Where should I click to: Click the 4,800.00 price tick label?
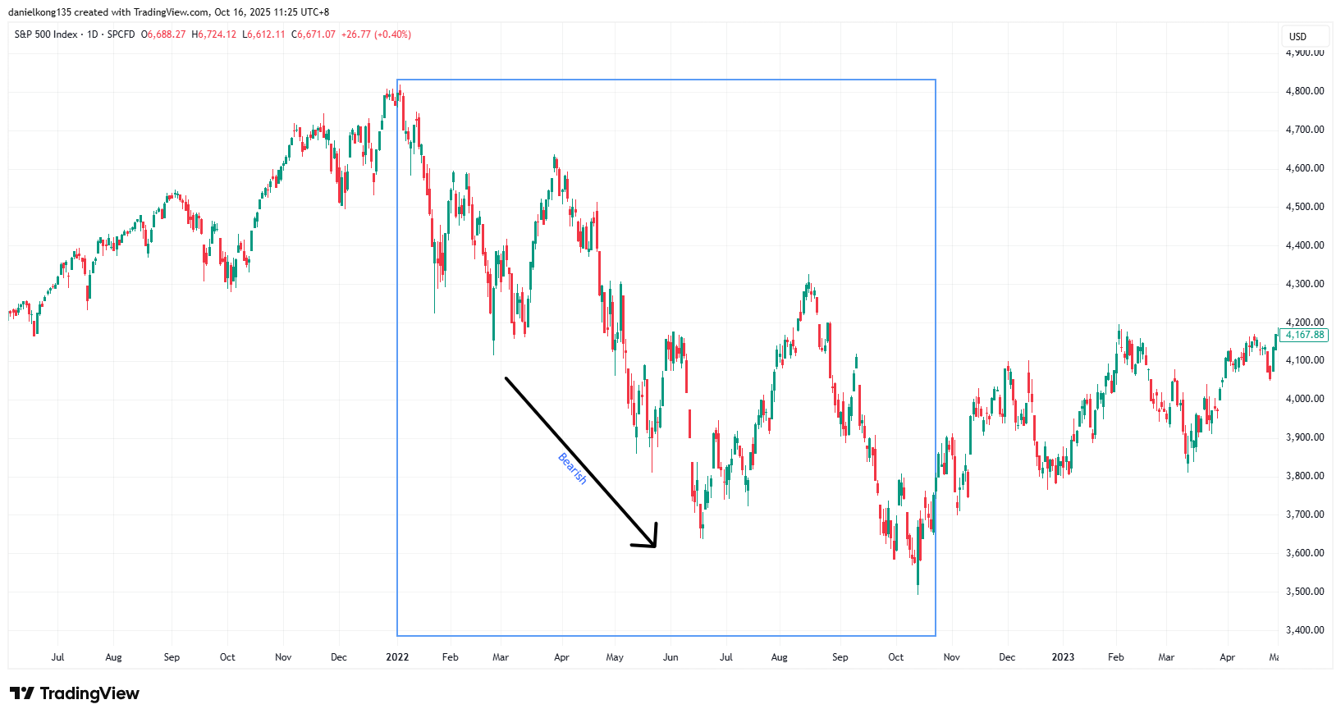click(1304, 91)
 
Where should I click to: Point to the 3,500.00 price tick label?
click(1304, 592)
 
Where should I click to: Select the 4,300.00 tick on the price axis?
click(1304, 284)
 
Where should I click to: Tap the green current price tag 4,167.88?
click(1304, 335)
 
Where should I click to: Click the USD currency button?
click(1298, 36)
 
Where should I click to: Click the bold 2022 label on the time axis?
click(397, 657)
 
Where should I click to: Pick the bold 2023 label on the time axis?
click(1063, 657)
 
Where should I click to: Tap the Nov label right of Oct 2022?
click(951, 657)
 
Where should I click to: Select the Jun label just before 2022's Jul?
click(670, 657)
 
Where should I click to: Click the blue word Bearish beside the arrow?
click(573, 469)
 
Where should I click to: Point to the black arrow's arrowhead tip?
click(655, 546)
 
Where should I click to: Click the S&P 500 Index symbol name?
click(46, 34)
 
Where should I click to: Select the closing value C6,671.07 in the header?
click(314, 34)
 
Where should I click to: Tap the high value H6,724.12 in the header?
click(214, 34)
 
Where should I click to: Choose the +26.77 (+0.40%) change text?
click(376, 34)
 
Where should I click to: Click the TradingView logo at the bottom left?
click(75, 693)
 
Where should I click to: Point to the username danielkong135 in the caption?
click(39, 12)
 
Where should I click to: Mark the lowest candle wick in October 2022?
click(918, 592)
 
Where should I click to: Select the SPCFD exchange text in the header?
click(121, 34)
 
